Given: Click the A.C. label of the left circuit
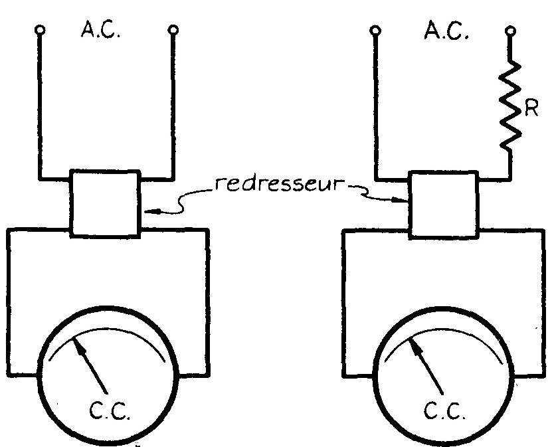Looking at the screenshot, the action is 101,30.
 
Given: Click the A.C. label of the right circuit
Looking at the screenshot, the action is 446,31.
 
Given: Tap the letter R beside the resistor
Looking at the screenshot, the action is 531,109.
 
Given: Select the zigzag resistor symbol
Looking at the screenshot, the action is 510,105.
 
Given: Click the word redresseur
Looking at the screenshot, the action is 280,184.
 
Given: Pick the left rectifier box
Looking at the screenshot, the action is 106,203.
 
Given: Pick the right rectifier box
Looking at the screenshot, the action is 444,205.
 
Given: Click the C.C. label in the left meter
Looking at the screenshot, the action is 110,410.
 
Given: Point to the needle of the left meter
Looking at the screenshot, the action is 90,364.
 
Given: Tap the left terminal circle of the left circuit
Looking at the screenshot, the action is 40,30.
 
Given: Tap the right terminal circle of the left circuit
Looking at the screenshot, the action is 173,30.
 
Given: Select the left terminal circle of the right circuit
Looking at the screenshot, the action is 375,31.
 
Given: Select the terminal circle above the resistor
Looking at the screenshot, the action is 510,31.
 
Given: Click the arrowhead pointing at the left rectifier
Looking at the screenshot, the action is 153,211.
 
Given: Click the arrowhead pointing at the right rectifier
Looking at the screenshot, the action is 401,201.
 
